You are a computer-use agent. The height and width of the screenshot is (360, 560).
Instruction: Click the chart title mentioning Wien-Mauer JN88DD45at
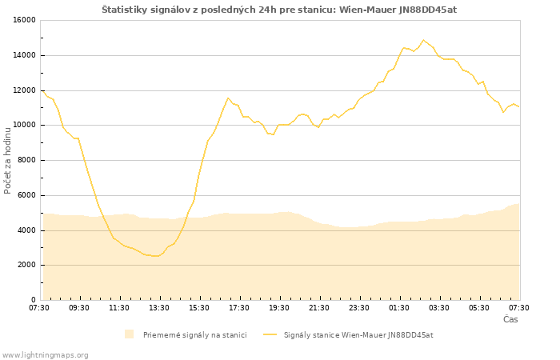(279, 10)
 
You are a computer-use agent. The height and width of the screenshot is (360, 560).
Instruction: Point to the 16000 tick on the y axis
(23, 20)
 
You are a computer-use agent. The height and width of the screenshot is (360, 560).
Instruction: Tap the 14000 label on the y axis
(23, 55)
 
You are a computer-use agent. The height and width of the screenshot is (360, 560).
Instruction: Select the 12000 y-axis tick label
(23, 90)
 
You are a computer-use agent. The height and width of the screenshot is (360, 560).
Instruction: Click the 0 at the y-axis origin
(32, 300)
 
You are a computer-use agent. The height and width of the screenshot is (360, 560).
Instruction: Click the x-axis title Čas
(510, 319)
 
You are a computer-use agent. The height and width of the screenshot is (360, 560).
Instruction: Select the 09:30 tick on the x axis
(79, 307)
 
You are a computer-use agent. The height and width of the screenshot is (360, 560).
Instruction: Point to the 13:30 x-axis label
(159, 307)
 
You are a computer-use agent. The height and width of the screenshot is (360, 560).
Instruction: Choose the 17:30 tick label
(239, 307)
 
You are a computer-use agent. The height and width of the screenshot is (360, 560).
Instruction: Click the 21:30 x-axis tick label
(319, 307)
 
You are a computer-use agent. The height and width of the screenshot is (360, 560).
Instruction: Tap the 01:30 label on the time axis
(399, 307)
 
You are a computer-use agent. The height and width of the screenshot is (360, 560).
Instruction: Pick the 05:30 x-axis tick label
(479, 307)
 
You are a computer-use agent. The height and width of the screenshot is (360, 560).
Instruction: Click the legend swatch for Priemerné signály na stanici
(130, 334)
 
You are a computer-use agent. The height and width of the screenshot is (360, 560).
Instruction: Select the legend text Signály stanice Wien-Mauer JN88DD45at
(358, 334)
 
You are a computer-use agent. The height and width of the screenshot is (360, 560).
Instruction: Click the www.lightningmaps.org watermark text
(46, 354)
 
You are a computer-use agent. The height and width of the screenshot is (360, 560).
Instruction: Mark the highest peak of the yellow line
(423, 40)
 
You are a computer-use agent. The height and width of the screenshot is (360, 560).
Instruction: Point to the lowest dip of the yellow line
(155, 256)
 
